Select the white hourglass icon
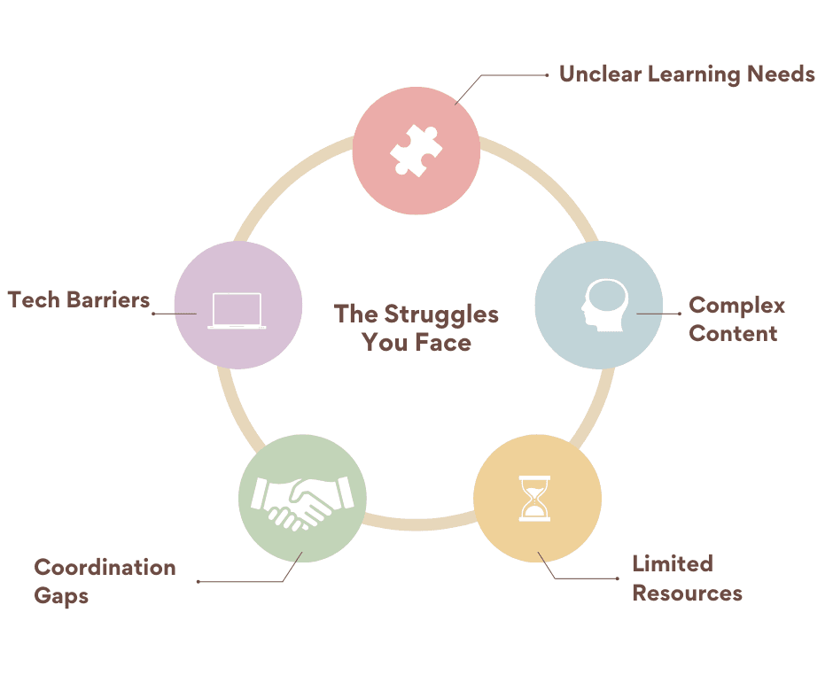point(534,499)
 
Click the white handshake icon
point(302,500)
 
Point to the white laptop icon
point(237,310)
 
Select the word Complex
point(736,306)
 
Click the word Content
point(733,334)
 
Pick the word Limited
point(673,564)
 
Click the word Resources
point(687,593)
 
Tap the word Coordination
point(105,567)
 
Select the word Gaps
point(61,595)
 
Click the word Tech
point(34,299)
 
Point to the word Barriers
point(107,299)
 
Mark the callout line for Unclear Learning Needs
point(514,75)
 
